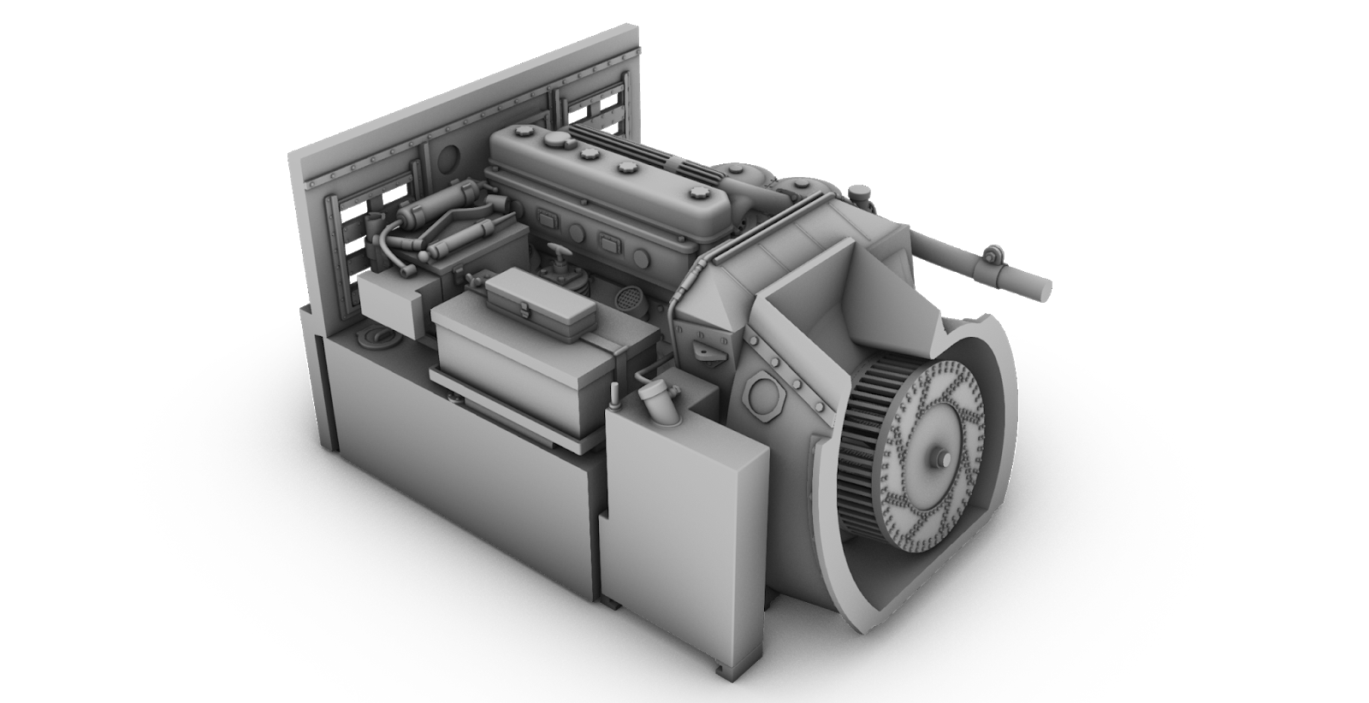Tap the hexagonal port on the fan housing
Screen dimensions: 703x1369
[759, 394]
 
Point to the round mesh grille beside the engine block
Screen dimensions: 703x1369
[630, 298]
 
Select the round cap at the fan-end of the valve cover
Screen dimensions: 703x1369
[694, 193]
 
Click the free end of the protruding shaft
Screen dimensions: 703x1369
[1043, 288]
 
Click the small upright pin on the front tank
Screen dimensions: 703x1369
[613, 393]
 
